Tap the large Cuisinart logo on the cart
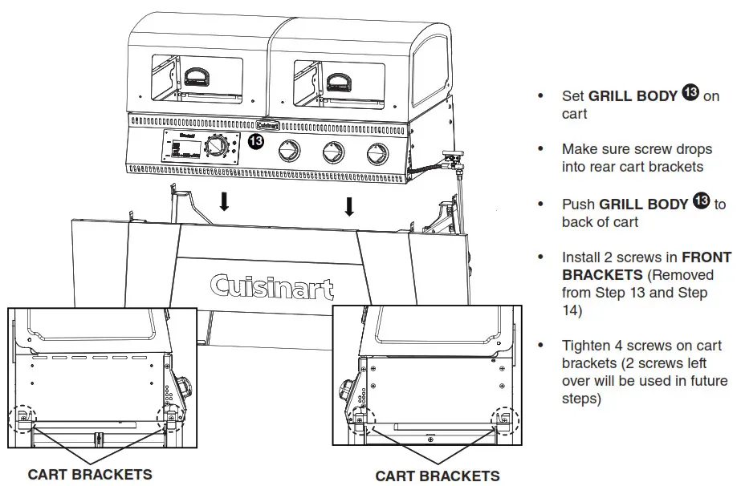click(x=272, y=286)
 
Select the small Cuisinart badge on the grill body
click(x=267, y=124)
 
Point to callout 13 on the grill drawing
click(x=255, y=142)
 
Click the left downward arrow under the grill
click(x=224, y=201)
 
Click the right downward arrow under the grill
click(x=349, y=206)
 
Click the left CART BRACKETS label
click(x=89, y=474)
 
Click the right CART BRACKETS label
click(x=437, y=476)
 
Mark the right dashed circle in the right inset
click(x=505, y=417)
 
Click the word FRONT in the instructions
click(x=706, y=257)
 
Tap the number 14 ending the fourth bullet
click(x=571, y=310)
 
